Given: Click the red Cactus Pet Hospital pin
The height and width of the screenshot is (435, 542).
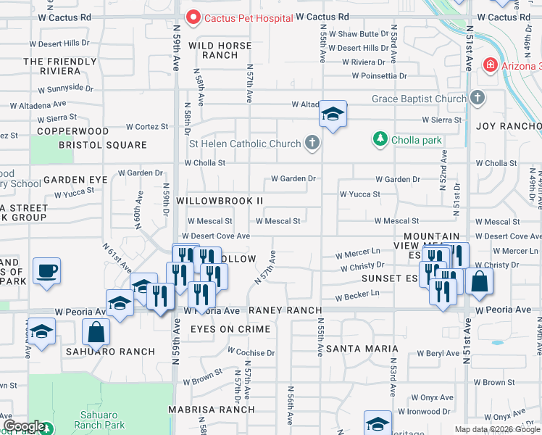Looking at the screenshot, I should click(x=193, y=17).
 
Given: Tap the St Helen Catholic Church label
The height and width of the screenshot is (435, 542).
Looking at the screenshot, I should click(x=244, y=144).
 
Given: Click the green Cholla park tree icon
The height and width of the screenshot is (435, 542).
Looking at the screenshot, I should click(x=378, y=138).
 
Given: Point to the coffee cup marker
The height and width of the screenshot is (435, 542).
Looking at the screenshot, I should click(x=47, y=272).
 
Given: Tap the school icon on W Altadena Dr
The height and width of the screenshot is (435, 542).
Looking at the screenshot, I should click(x=333, y=114).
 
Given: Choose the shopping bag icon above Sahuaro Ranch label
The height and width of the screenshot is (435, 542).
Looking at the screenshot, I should click(x=96, y=333).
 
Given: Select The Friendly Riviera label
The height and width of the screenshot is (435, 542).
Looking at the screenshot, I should click(x=52, y=66).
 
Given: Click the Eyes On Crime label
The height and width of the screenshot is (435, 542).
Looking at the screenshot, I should click(x=230, y=329).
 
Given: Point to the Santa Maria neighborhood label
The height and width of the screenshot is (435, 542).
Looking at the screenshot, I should click(x=352, y=349).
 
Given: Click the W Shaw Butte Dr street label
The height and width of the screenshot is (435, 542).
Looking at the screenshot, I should click(x=359, y=34).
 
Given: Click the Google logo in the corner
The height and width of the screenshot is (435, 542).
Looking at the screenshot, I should click(x=23, y=426).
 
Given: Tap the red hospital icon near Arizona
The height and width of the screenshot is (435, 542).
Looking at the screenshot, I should click(x=491, y=66).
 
